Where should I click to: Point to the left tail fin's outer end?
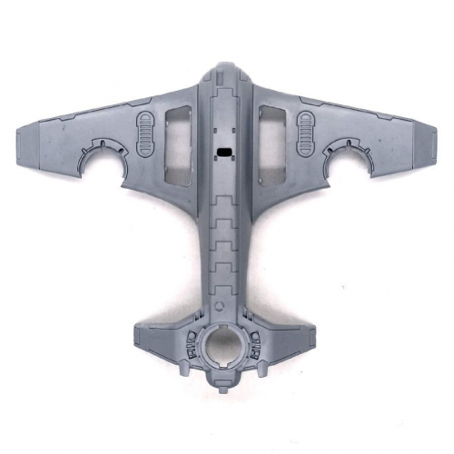[x=136, y=338]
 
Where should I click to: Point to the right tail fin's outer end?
[x=313, y=338]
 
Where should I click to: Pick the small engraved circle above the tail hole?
[x=222, y=306]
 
